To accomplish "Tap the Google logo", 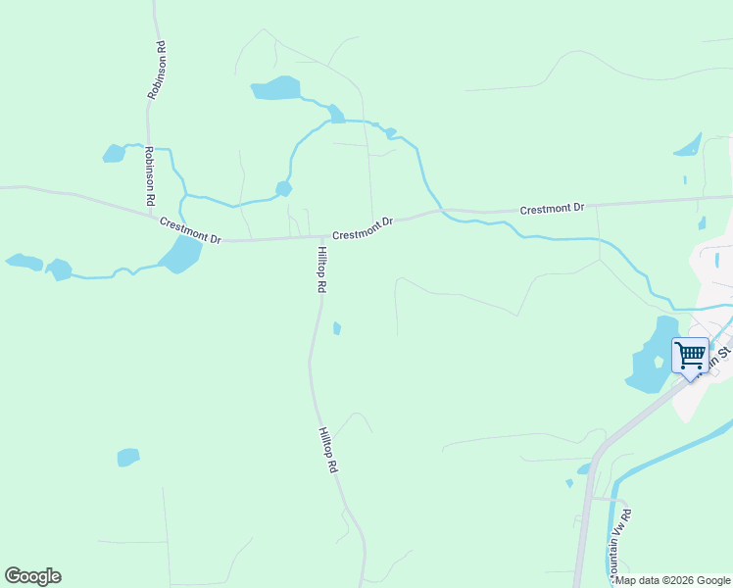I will tap(32, 576).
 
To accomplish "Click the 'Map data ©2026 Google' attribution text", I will tap(673, 580).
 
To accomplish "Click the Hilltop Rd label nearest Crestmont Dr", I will tap(320, 270).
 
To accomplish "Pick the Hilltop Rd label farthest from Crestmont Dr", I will tap(327, 451).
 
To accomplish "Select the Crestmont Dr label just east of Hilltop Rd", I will tap(362, 228).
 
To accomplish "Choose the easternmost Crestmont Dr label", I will tap(552, 209).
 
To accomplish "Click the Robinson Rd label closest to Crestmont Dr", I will tap(149, 174).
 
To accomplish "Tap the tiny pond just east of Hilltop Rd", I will tap(337, 328).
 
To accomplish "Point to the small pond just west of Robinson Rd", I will tap(115, 153).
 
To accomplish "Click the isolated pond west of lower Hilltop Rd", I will tap(128, 457).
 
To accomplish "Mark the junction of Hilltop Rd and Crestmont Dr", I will tap(322, 237).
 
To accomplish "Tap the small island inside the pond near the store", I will tap(659, 362).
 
